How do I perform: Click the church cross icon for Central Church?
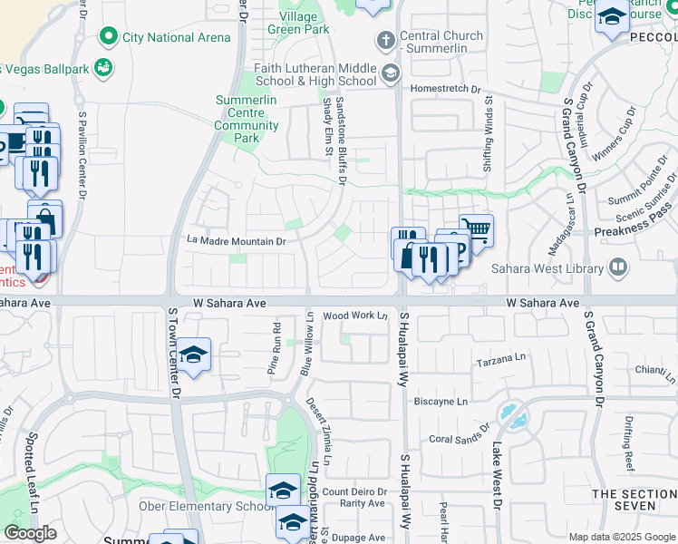tap(385, 41)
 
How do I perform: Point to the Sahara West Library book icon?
tap(617, 267)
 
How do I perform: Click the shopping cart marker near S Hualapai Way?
tap(475, 229)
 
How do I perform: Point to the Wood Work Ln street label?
tap(355, 316)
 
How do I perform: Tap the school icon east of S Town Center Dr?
tap(193, 355)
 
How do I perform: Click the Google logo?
tap(30, 533)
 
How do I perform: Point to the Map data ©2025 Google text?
tap(622, 537)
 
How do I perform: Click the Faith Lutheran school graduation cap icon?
tap(391, 73)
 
